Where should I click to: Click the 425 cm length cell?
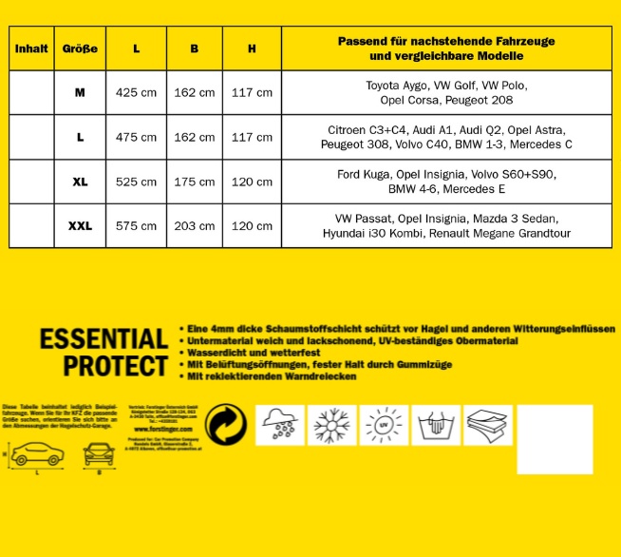click(136, 92)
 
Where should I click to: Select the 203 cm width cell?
click(195, 226)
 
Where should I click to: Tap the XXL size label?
click(80, 226)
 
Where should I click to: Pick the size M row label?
click(80, 92)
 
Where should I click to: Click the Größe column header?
click(80, 48)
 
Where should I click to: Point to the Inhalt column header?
click(30, 48)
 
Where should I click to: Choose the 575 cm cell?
click(136, 226)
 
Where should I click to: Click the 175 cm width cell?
click(195, 182)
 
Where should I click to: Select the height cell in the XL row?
click(252, 182)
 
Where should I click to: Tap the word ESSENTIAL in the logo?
click(103, 339)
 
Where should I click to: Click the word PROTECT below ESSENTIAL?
click(116, 365)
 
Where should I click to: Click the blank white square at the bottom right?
click(555, 438)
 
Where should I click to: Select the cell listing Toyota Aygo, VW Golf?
click(446, 92)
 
